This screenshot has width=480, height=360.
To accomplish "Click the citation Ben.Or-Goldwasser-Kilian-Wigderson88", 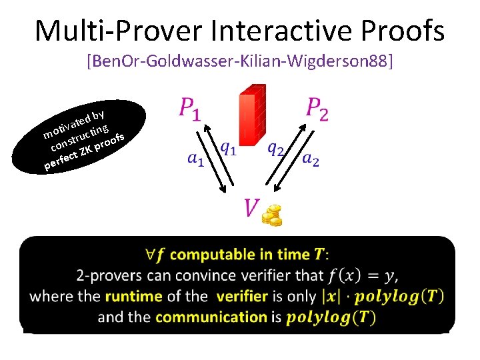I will tap(240, 62).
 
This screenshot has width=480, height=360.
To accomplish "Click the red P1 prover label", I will tap(189, 109).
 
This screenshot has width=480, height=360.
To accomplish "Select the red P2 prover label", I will tap(317, 109).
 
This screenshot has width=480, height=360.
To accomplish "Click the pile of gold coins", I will tap(271, 215).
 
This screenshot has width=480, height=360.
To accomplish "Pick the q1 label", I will tap(228, 149).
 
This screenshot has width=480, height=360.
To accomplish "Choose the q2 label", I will tap(275, 149).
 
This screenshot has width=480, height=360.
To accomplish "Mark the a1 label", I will tap(195, 159).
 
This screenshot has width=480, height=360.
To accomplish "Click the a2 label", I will tap(311, 159).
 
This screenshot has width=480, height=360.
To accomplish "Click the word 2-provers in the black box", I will tap(107, 275).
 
